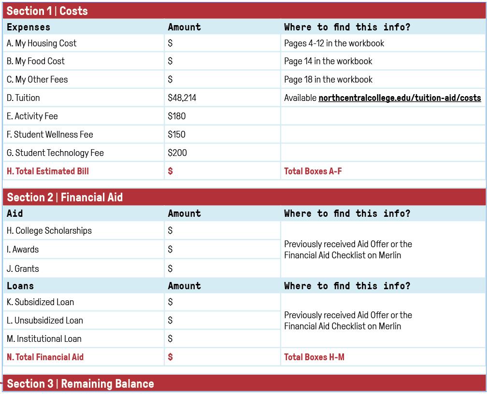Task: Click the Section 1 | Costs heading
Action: pyautogui.click(x=47, y=11)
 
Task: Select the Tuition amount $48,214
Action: pyautogui.click(x=182, y=98)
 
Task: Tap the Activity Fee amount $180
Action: pyautogui.click(x=177, y=116)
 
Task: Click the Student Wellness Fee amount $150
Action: pyautogui.click(x=177, y=135)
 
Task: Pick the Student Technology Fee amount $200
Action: pyautogui.click(x=177, y=153)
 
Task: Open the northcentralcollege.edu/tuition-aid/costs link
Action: pyautogui.click(x=400, y=98)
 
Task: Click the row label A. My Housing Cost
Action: pyautogui.click(x=42, y=43)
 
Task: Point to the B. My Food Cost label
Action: pyautogui.click(x=36, y=61)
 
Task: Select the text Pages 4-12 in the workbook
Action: pyautogui.click(x=334, y=43)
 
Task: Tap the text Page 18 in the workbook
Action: pyautogui.click(x=328, y=80)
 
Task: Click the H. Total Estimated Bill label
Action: pyautogui.click(x=48, y=171)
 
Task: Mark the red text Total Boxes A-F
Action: pyautogui.click(x=313, y=171)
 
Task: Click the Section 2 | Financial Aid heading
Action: pyautogui.click(x=65, y=197)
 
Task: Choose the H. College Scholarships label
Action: pyautogui.click(x=49, y=231)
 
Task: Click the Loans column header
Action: pyautogui.click(x=20, y=286)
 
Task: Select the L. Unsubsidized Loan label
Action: pyautogui.click(x=45, y=321)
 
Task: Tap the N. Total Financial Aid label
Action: pyautogui.click(x=45, y=357)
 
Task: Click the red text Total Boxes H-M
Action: pyautogui.click(x=314, y=357)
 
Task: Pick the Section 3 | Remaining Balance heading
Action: pyautogui.click(x=80, y=384)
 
